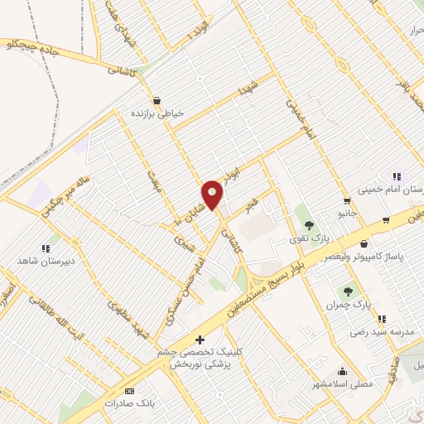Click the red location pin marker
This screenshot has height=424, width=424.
(x=213, y=195)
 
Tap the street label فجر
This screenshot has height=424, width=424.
(x=254, y=203)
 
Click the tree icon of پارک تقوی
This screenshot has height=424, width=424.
(x=309, y=225)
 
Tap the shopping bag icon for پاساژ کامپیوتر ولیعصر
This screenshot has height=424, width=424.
(x=364, y=243)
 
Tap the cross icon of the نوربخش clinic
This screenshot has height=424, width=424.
(x=199, y=340)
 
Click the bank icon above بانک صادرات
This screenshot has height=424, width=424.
(x=128, y=391)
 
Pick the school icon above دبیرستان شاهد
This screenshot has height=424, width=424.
(x=46, y=248)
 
